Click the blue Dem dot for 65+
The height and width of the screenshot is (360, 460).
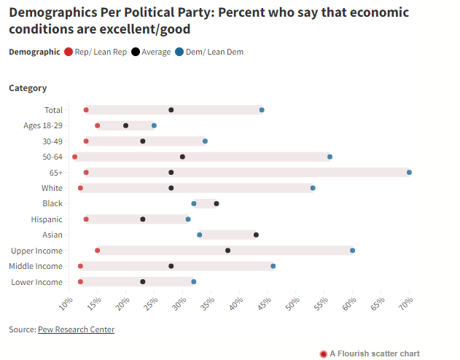pos(409,172)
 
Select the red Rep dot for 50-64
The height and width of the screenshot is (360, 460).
pos(75,157)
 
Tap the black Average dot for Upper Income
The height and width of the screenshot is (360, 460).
pos(228,250)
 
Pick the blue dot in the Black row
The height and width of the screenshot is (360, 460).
pos(194,203)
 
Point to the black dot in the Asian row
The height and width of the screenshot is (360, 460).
pos(256,235)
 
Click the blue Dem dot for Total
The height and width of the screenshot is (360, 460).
pos(262,110)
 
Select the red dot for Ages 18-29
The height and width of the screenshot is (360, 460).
pos(98,125)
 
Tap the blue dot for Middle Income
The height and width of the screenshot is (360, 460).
pos(273,266)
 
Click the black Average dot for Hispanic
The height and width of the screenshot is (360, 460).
pos(143,219)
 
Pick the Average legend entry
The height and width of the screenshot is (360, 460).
pos(152,52)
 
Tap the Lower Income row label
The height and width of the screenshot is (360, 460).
pos(37,282)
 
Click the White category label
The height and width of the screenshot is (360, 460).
pos(52,188)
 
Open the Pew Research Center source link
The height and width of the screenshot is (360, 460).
pos(76,329)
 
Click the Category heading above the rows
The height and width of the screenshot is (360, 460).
pos(28,88)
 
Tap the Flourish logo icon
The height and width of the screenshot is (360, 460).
pos(324,353)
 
